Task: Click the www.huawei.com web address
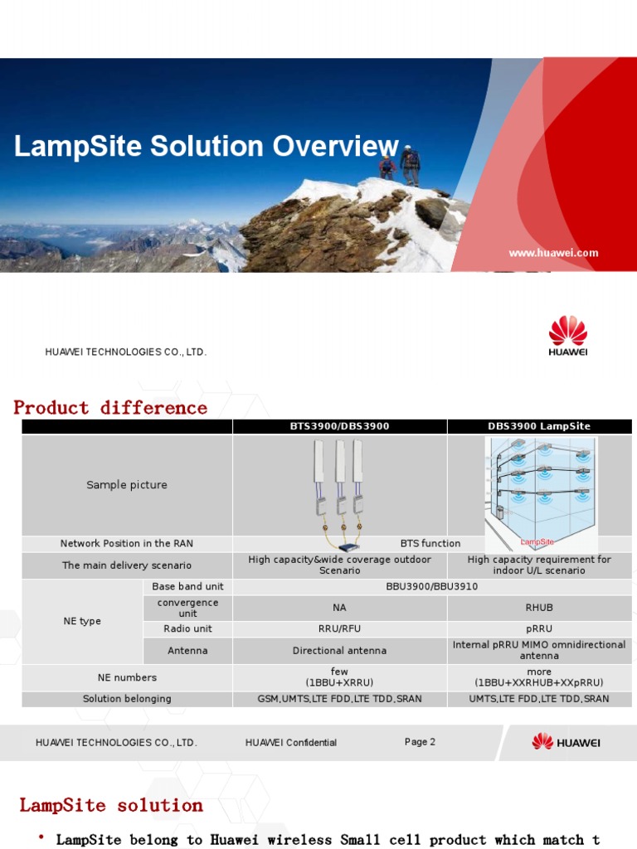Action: (x=553, y=254)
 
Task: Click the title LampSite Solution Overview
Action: (x=207, y=147)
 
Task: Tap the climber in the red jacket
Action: (x=387, y=167)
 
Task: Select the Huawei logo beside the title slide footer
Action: (x=567, y=336)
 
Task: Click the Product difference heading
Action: (x=110, y=408)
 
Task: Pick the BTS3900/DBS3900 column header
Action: (x=339, y=426)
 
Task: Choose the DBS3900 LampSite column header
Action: (x=539, y=426)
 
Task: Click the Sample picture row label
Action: (x=127, y=485)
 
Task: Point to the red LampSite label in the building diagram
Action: (x=537, y=541)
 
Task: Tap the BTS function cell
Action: (x=430, y=544)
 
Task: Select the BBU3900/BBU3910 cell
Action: (x=431, y=587)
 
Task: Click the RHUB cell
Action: (x=539, y=608)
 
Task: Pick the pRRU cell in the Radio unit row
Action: (x=539, y=629)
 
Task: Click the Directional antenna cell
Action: (x=339, y=651)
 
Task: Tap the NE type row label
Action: (x=82, y=621)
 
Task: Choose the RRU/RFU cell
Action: (x=339, y=629)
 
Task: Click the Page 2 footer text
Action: (x=420, y=742)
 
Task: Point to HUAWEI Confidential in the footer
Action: (x=291, y=743)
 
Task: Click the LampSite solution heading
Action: (x=111, y=805)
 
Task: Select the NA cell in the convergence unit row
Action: (x=339, y=608)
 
